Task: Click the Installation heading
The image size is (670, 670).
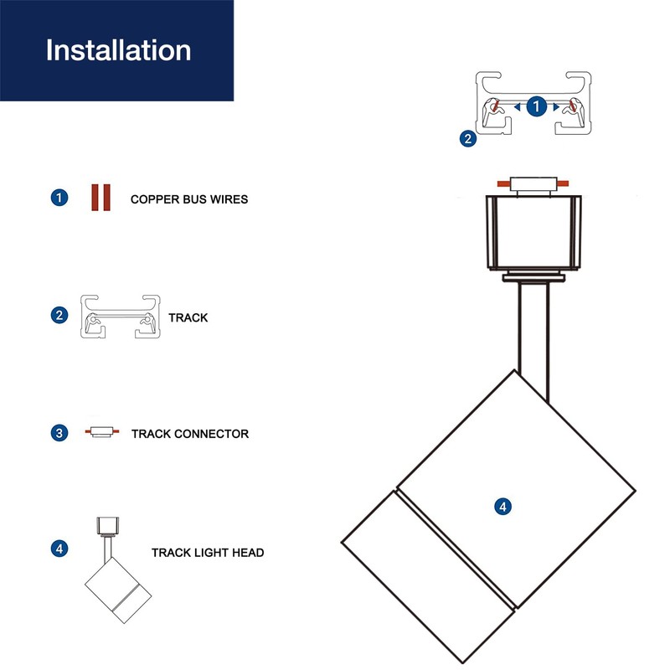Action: [118, 50]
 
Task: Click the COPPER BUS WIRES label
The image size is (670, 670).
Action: [189, 200]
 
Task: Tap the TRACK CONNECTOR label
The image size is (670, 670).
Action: [190, 434]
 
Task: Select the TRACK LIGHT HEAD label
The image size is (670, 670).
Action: [208, 553]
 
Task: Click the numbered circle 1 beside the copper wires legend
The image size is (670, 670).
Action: [59, 198]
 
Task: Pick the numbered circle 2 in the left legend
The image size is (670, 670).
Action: [59, 316]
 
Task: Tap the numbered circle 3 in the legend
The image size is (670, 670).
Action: [59, 433]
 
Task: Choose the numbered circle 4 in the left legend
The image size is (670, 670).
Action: [59, 549]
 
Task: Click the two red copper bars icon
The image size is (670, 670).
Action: [101, 198]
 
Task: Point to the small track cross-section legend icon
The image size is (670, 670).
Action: [120, 317]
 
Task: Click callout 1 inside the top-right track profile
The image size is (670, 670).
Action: [538, 106]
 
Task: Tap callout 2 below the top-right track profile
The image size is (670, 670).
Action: [468, 139]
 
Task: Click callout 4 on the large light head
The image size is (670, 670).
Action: [502, 507]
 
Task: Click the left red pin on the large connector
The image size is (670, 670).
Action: [502, 182]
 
